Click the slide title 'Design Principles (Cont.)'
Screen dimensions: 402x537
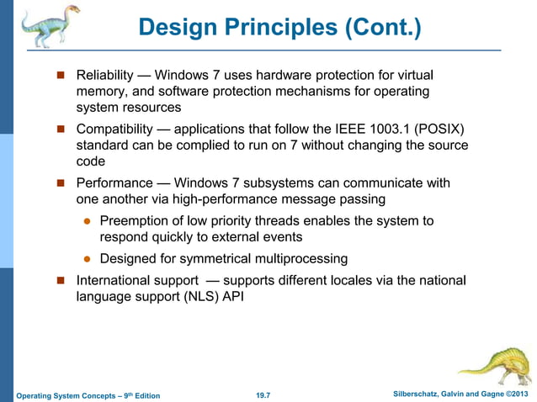point(279,28)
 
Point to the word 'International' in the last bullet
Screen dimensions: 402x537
point(115,280)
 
